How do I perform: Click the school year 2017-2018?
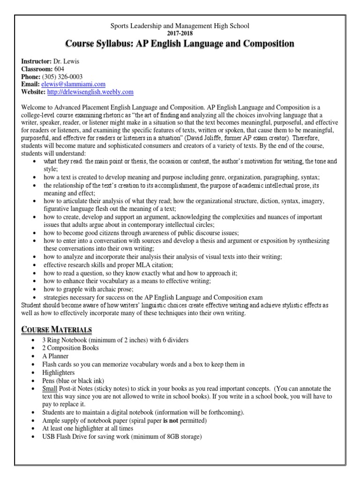[x=180, y=33]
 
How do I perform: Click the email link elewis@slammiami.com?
[x=77, y=84]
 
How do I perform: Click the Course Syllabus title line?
[x=180, y=44]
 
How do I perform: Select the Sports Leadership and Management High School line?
[x=180, y=25]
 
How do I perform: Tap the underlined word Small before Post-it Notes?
[x=50, y=389]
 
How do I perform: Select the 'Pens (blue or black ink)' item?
[x=73, y=380]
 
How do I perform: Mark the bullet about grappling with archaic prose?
[x=87, y=289]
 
